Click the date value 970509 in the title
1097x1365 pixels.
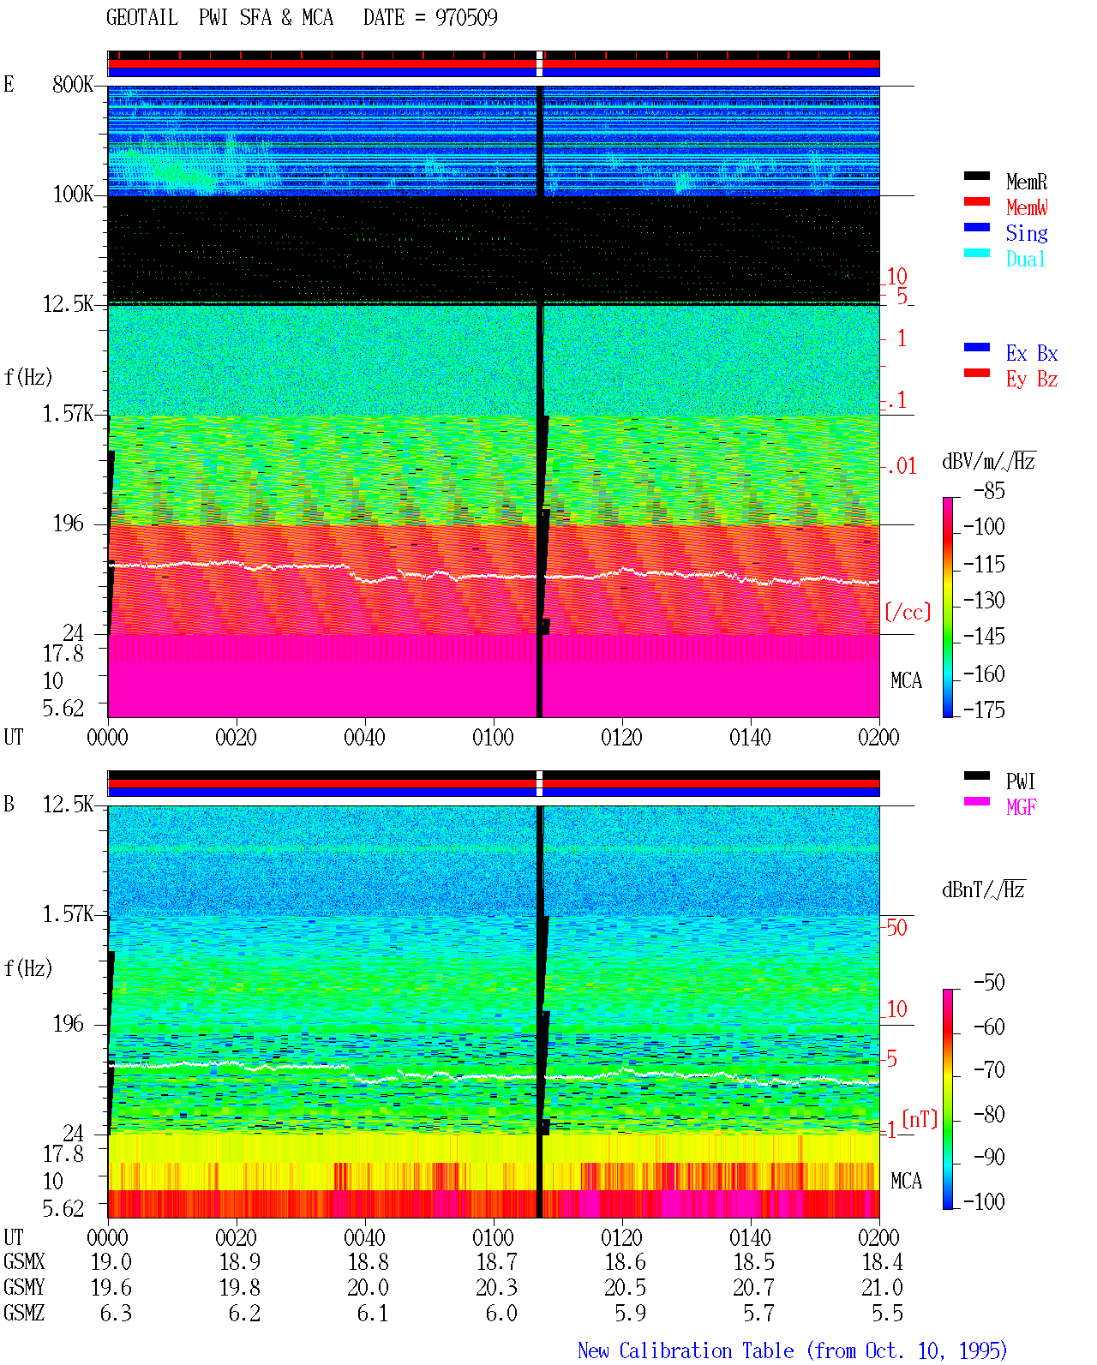tap(466, 17)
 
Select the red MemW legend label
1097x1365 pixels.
tap(1027, 207)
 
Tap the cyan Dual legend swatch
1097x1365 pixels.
tap(976, 253)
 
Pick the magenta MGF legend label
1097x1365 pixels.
tap(1021, 807)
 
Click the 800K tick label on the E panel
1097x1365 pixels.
tap(73, 84)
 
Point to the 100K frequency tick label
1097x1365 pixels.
tap(73, 195)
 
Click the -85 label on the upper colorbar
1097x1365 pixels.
tap(989, 490)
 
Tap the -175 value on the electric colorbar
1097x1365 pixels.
tap(984, 709)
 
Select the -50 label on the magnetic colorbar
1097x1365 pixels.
tap(989, 982)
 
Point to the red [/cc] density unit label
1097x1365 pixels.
tap(908, 612)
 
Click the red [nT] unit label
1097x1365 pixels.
tap(920, 1118)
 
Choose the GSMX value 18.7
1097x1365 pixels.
tap(497, 1261)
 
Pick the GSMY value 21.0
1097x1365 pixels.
tap(882, 1287)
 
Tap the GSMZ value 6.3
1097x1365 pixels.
tap(116, 1313)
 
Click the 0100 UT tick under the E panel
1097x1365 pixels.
tap(493, 737)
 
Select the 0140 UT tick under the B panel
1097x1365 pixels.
tap(750, 1236)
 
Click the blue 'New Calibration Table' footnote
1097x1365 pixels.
tap(686, 1350)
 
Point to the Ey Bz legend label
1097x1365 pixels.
tap(1032, 379)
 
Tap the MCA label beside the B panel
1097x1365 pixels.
tap(906, 1181)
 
